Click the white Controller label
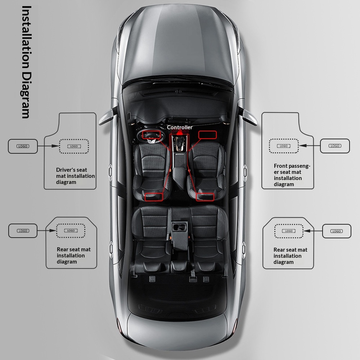(180, 127)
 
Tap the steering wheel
(150, 136)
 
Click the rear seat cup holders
(180, 227)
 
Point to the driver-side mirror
(107, 117)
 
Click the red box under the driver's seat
(154, 197)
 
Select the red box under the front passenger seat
(205, 197)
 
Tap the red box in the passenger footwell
(208, 135)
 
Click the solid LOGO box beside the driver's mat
(23, 146)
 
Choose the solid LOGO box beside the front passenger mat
(335, 146)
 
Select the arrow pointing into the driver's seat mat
(49, 146)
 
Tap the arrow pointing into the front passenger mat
(310, 145)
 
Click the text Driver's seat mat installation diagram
(75, 176)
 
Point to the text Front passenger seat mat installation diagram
(292, 175)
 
